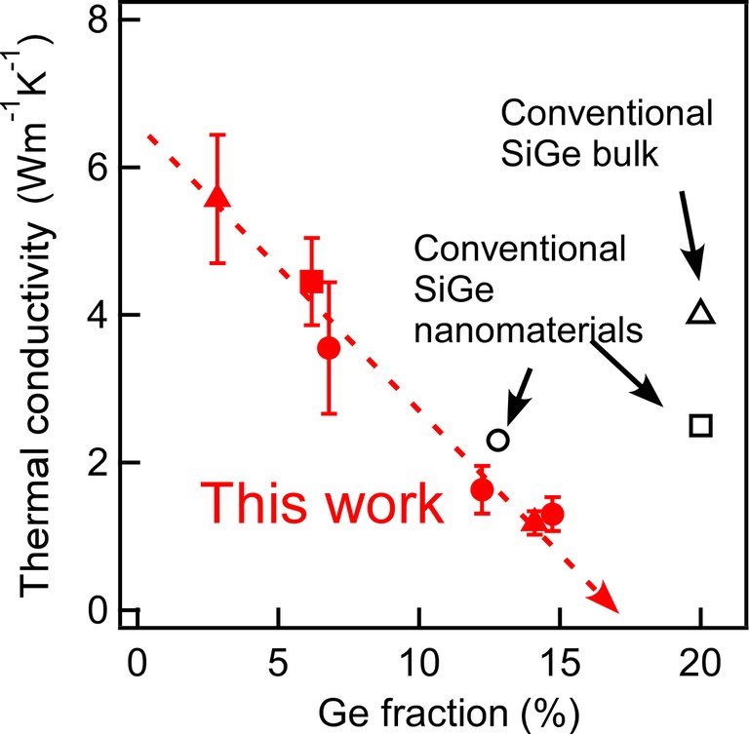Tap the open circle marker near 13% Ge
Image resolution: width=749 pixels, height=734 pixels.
[497, 440]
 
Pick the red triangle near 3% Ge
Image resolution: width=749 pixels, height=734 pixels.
[218, 197]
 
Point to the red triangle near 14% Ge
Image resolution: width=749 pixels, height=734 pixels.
[532, 521]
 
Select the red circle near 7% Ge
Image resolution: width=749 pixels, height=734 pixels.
[329, 348]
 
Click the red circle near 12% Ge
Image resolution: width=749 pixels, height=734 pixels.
[482, 489]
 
